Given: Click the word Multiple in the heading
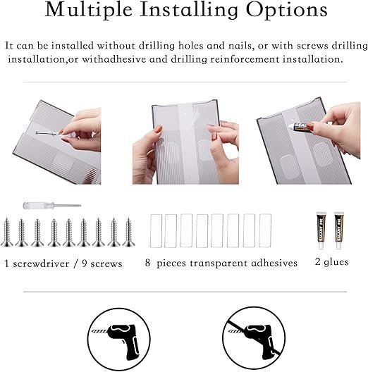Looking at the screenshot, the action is pyautogui.click(x=88, y=10).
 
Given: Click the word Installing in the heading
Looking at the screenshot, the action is pyautogui.click(x=189, y=11).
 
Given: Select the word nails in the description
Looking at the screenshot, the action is pyautogui.click(x=240, y=46).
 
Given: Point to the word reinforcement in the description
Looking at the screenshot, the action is pyautogui.click(x=245, y=59).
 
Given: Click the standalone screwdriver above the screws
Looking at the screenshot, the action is pyautogui.click(x=52, y=206).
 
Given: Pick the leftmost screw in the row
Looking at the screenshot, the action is pyautogui.click(x=7, y=232).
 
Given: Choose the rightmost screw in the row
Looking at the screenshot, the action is pyautogui.click(x=129, y=232).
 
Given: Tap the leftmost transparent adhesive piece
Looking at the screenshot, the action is pyautogui.click(x=156, y=231).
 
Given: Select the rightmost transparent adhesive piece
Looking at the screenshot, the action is pyautogui.click(x=265, y=230).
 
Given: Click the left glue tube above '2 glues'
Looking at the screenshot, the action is pyautogui.click(x=321, y=230).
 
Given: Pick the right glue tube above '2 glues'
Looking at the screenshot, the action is pyautogui.click(x=339, y=230).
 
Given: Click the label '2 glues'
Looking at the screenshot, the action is pyautogui.click(x=331, y=262).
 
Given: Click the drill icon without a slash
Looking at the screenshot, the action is pyautogui.click(x=118, y=339).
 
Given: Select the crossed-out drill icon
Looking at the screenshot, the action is pyautogui.click(x=254, y=339).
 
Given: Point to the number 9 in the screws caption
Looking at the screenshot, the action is pyautogui.click(x=85, y=263).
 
